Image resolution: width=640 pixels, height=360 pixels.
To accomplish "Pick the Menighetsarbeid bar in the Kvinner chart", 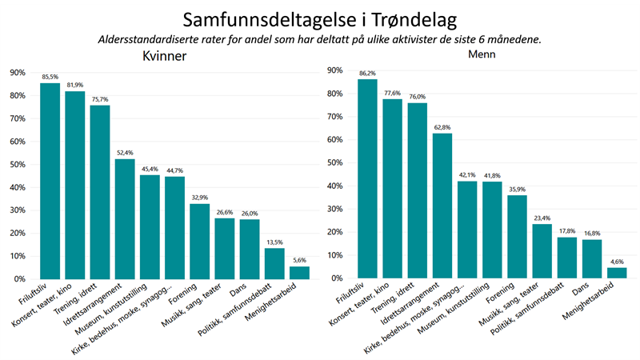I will pos(298,272).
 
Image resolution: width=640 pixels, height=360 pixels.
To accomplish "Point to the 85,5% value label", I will pos(50,76).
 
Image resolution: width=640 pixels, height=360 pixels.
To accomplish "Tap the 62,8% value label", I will pos(442,126).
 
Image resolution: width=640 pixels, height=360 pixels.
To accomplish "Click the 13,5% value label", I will pos(274,242).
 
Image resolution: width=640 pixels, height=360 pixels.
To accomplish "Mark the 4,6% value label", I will pos(617,261).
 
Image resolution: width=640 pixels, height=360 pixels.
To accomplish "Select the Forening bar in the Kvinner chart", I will pos(199,241).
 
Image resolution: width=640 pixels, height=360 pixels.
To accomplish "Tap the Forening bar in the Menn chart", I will pos(517,237).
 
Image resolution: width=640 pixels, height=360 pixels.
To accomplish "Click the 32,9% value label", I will pos(199,197).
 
